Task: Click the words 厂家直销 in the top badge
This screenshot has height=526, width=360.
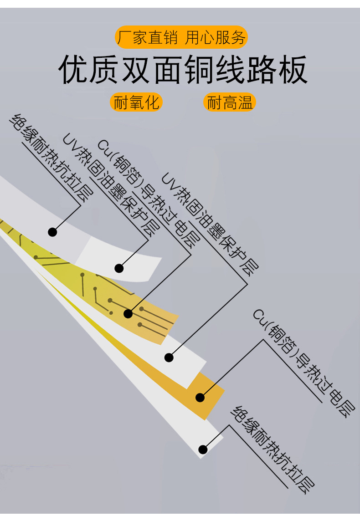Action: (147, 38)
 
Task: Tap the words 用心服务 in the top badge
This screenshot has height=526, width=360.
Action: (216, 38)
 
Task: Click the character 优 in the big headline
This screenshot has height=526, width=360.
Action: (74, 70)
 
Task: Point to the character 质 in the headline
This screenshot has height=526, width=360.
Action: (105, 70)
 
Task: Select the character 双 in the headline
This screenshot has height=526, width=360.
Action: (136, 70)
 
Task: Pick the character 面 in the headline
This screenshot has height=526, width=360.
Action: (168, 70)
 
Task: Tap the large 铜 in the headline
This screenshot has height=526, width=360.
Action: (199, 70)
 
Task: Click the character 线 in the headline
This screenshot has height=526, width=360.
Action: (230, 70)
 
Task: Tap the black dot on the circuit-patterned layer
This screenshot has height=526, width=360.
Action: (128, 313)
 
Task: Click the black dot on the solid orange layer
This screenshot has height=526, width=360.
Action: (200, 397)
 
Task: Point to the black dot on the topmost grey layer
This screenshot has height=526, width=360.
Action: (52, 232)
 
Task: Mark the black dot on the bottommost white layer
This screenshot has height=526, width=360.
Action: (203, 449)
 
